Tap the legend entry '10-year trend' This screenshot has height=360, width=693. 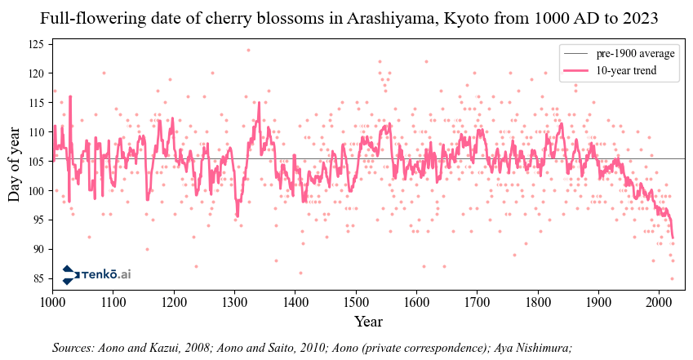(626, 71)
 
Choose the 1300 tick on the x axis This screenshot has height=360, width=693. (234, 290)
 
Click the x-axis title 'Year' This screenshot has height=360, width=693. (368, 322)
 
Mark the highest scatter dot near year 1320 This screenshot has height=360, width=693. (248, 50)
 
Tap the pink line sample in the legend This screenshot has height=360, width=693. (575, 71)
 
